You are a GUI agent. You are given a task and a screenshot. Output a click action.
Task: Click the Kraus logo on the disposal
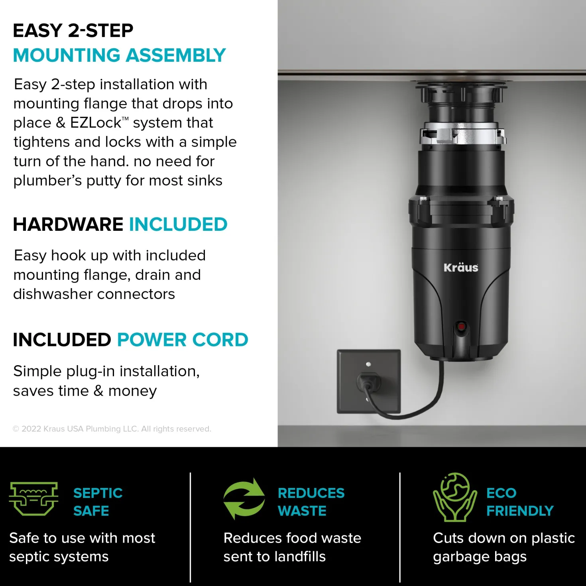click(x=461, y=267)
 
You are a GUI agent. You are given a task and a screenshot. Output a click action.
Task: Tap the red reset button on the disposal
click(x=461, y=327)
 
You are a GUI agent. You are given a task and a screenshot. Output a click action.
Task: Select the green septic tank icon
click(x=33, y=499)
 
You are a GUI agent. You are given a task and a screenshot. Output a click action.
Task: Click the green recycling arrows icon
click(x=244, y=499)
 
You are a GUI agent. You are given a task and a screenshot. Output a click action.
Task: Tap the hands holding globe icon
click(x=454, y=497)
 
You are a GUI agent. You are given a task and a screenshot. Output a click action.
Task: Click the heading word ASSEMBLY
click(x=176, y=55)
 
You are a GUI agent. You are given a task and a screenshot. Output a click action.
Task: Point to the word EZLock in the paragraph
click(x=96, y=123)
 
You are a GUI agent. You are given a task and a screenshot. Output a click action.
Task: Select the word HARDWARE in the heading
click(x=68, y=224)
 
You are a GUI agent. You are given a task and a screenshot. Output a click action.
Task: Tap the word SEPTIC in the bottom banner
click(x=98, y=493)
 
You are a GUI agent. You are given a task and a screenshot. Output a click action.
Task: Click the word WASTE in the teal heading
click(x=302, y=511)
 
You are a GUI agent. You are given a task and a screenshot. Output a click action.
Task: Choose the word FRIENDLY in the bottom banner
click(x=520, y=511)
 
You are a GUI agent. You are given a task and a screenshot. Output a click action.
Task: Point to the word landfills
click(x=300, y=557)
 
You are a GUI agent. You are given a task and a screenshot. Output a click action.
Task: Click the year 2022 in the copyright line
click(x=31, y=429)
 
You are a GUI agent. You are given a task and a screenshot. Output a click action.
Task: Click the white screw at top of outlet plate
click(x=368, y=364)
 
